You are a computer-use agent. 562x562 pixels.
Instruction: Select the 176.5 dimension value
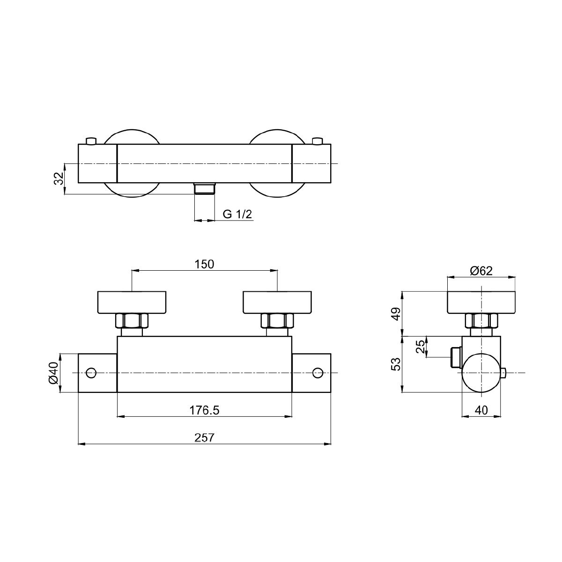tap(204, 410)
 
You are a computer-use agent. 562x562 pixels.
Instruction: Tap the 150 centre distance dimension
tap(204, 264)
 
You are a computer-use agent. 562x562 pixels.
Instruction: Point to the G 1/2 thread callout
tap(237, 214)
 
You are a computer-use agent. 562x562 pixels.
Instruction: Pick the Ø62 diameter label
tap(481, 271)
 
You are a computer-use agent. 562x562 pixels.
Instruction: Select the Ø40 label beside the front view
tap(54, 373)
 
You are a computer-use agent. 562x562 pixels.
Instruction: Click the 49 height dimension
tap(396, 314)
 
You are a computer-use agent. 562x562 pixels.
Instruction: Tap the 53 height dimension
tap(396, 364)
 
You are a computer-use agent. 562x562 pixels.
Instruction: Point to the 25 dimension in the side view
tap(421, 347)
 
